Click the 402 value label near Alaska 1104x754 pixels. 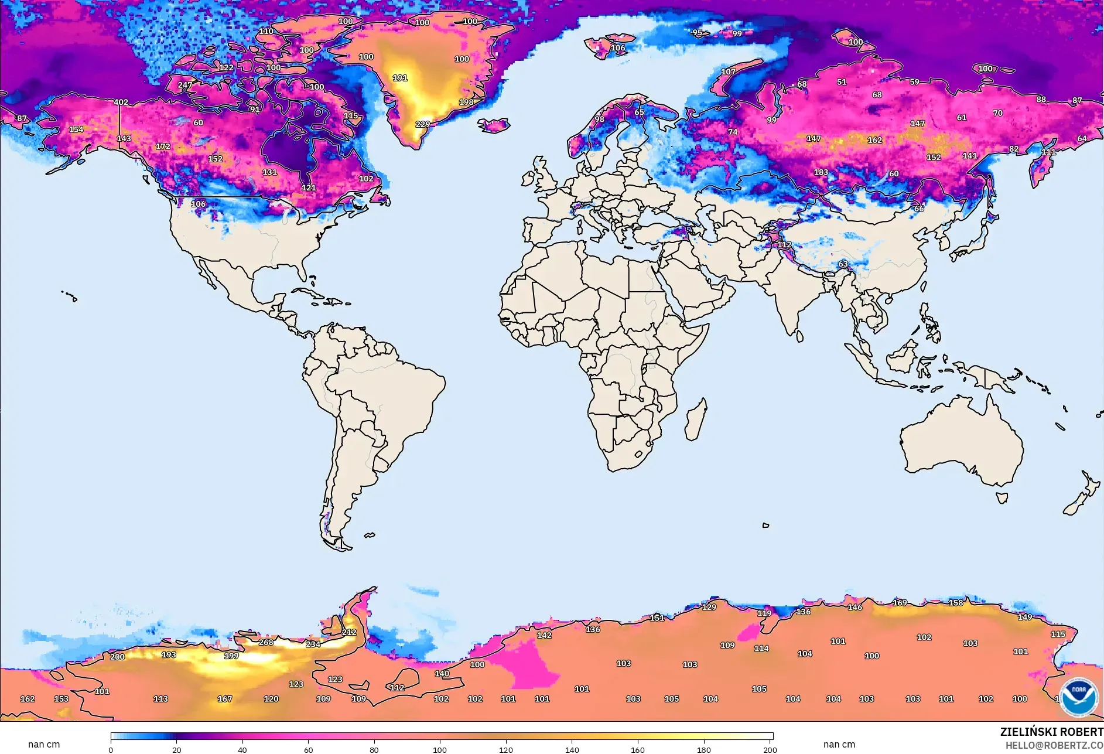(121, 102)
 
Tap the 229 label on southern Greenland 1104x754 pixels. (422, 124)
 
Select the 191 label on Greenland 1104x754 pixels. (400, 78)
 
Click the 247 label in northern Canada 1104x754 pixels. (185, 85)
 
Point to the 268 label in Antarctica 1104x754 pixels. (266, 642)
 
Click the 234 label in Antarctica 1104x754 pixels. (313, 644)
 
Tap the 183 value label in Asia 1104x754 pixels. (821, 172)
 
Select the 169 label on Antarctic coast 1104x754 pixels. (900, 602)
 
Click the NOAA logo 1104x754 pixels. (1078, 697)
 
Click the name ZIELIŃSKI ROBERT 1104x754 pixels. (1051, 732)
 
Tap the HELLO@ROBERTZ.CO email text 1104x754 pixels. (1054, 745)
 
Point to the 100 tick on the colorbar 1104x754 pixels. (440, 749)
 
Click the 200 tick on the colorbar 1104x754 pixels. (770, 749)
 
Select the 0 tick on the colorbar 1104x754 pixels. (111, 749)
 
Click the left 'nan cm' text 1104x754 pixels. (44, 744)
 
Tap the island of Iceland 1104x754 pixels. (494, 125)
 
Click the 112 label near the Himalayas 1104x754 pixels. (784, 244)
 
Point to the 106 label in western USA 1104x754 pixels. (199, 204)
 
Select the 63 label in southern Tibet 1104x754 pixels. (843, 264)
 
